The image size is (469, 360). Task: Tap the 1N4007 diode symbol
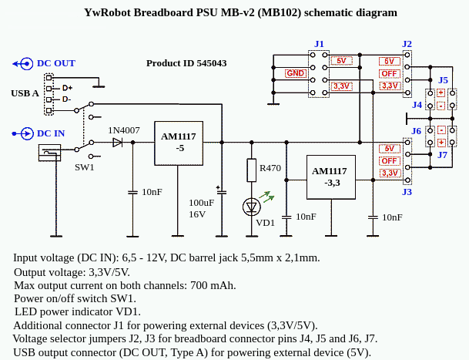pyautogui.click(x=118, y=143)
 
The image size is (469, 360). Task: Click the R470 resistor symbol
pyautogui.click(x=251, y=169)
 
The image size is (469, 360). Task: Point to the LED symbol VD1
pyautogui.click(x=251, y=206)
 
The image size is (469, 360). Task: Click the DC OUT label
pyautogui.click(x=56, y=63)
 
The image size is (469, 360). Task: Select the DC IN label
pyautogui.click(x=51, y=133)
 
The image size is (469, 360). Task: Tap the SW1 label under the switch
pyautogui.click(x=85, y=167)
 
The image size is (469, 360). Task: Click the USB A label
pyautogui.click(x=25, y=93)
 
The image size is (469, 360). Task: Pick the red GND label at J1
pyautogui.click(x=295, y=73)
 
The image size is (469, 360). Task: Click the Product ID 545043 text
pyautogui.click(x=186, y=63)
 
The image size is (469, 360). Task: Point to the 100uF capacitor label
pyautogui.click(x=202, y=203)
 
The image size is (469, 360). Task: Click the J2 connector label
pyautogui.click(x=407, y=44)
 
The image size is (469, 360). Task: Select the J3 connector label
pyautogui.click(x=407, y=191)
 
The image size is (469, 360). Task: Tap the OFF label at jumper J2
pyautogui.click(x=389, y=73)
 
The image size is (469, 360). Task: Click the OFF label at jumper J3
pyautogui.click(x=389, y=160)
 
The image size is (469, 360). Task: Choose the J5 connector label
pyautogui.click(x=443, y=80)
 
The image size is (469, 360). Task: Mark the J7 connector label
pyautogui.click(x=443, y=155)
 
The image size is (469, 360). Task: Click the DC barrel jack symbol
pyautogui.click(x=50, y=153)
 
